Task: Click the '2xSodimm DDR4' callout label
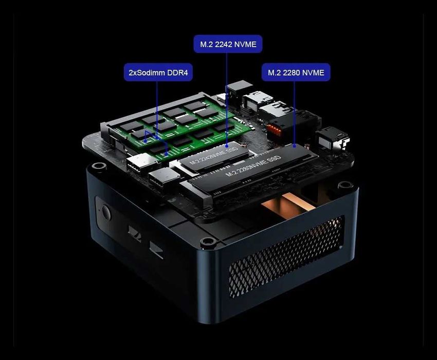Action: tap(158, 73)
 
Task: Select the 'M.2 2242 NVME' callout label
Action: tap(228, 44)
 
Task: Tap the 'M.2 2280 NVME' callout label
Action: tap(296, 73)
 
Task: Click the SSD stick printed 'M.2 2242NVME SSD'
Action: tap(211, 155)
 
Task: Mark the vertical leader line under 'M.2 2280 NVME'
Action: tap(294, 111)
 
